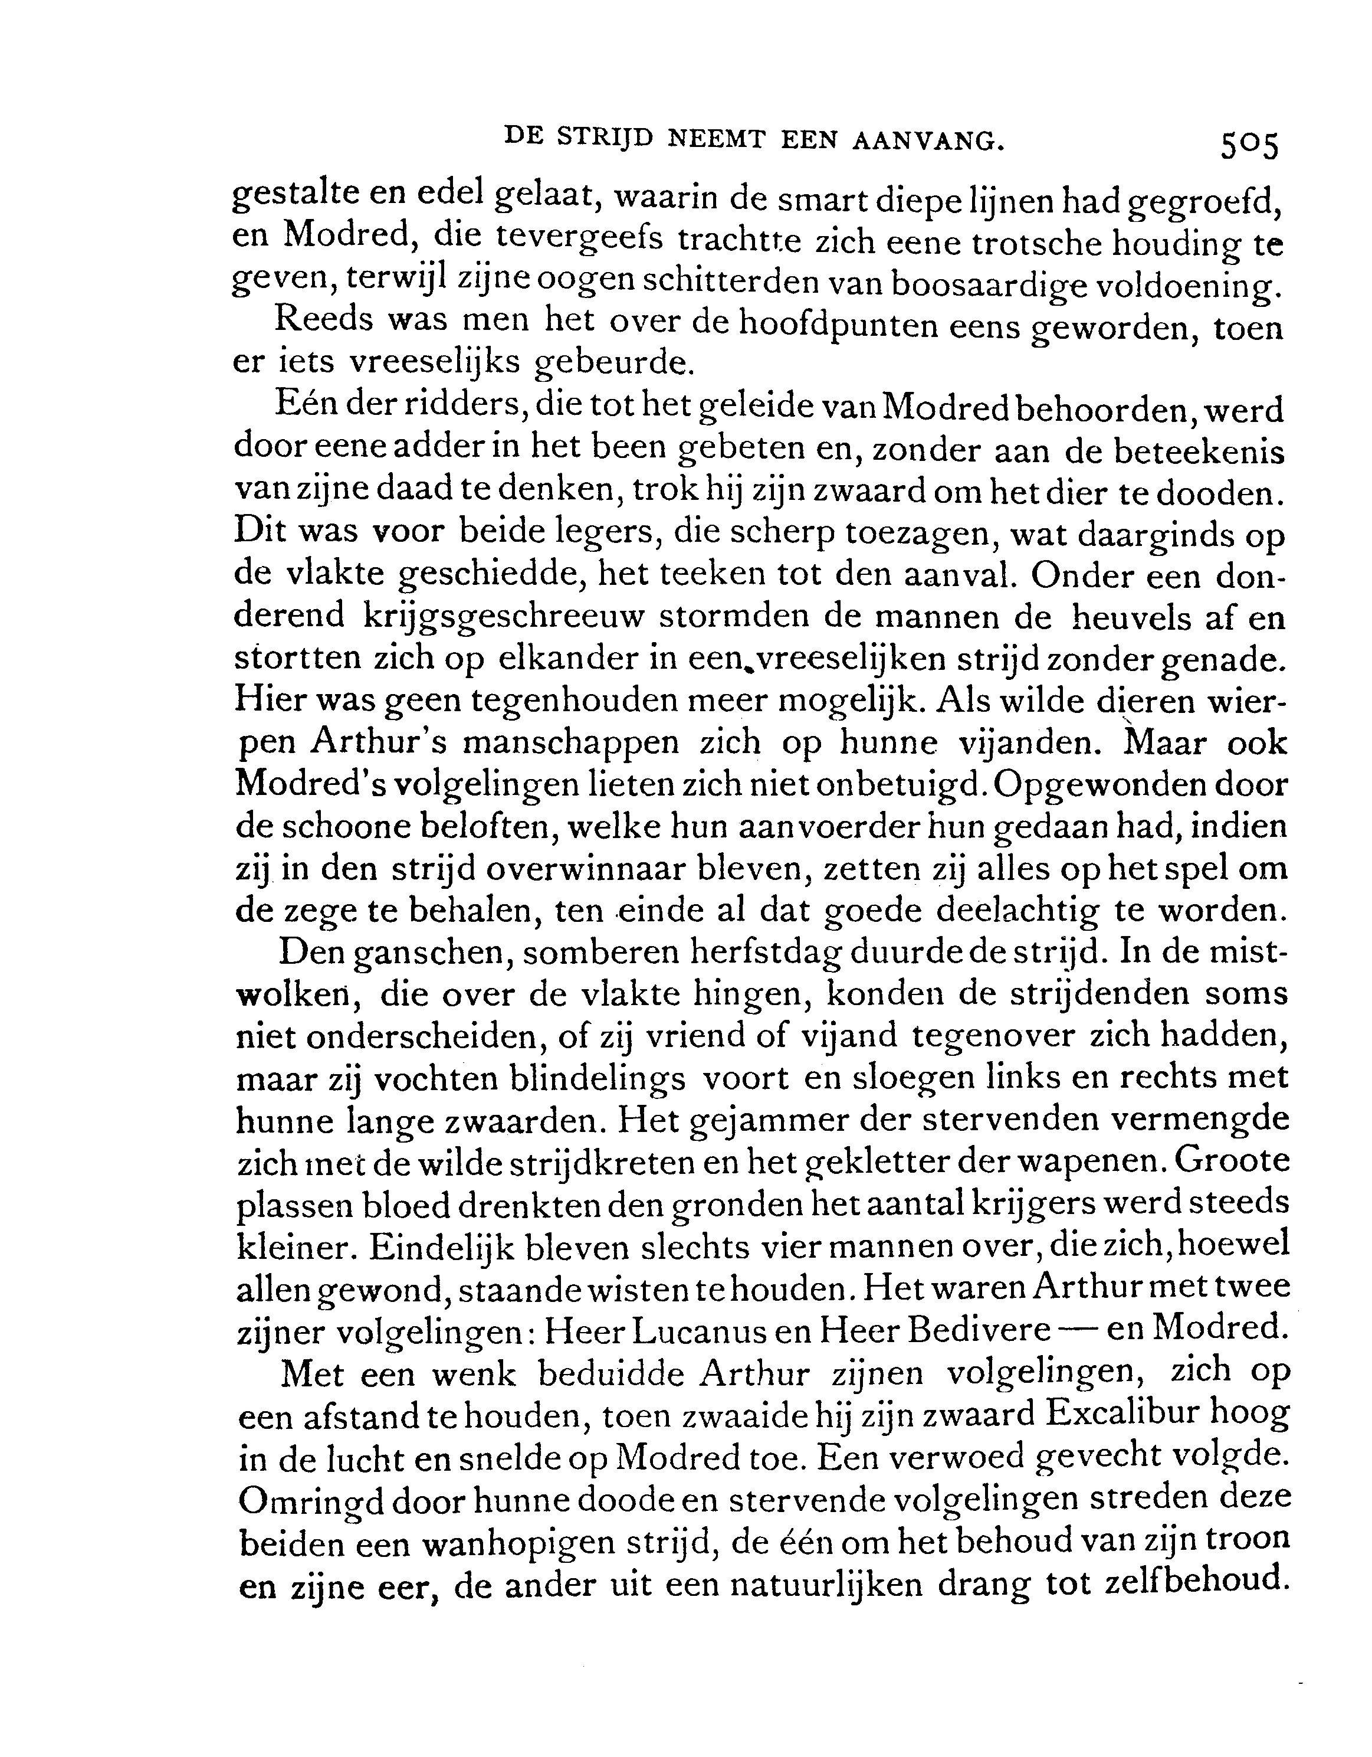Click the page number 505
coord(1248,146)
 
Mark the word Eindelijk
coord(439,1245)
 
